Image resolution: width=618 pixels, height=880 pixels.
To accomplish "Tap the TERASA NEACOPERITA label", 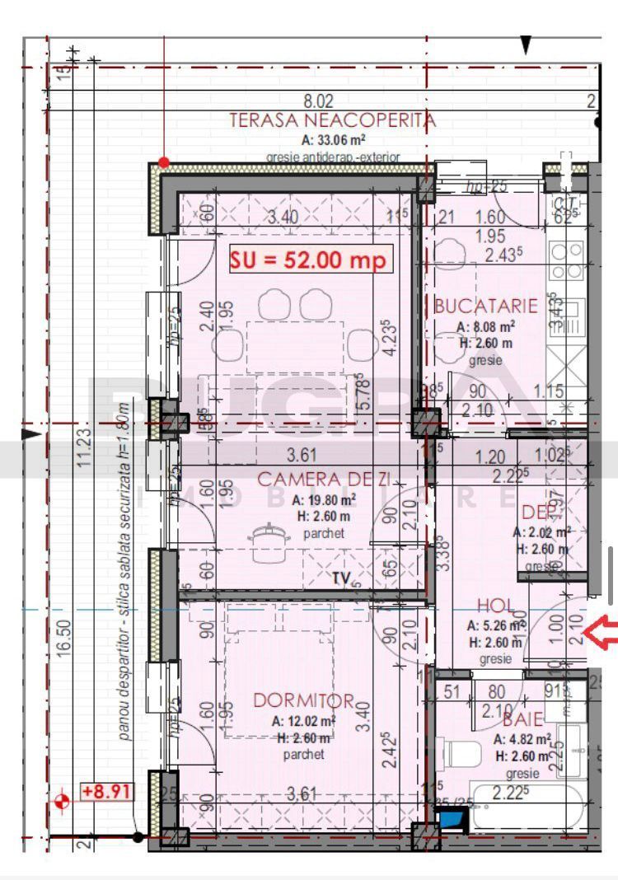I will coord(332,120).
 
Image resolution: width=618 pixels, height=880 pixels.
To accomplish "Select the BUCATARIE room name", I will coord(486,307).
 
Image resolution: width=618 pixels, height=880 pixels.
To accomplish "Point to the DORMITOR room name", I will coord(303,701).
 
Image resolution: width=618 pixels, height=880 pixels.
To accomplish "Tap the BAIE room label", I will coord(525,719).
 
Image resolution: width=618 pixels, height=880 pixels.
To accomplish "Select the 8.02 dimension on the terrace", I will coord(319,101).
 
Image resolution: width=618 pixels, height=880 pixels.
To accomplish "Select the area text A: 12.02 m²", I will coord(304,721).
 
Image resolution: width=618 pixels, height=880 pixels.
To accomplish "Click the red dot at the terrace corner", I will coord(164,162).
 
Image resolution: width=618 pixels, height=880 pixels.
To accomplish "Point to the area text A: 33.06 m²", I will coord(334,139).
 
